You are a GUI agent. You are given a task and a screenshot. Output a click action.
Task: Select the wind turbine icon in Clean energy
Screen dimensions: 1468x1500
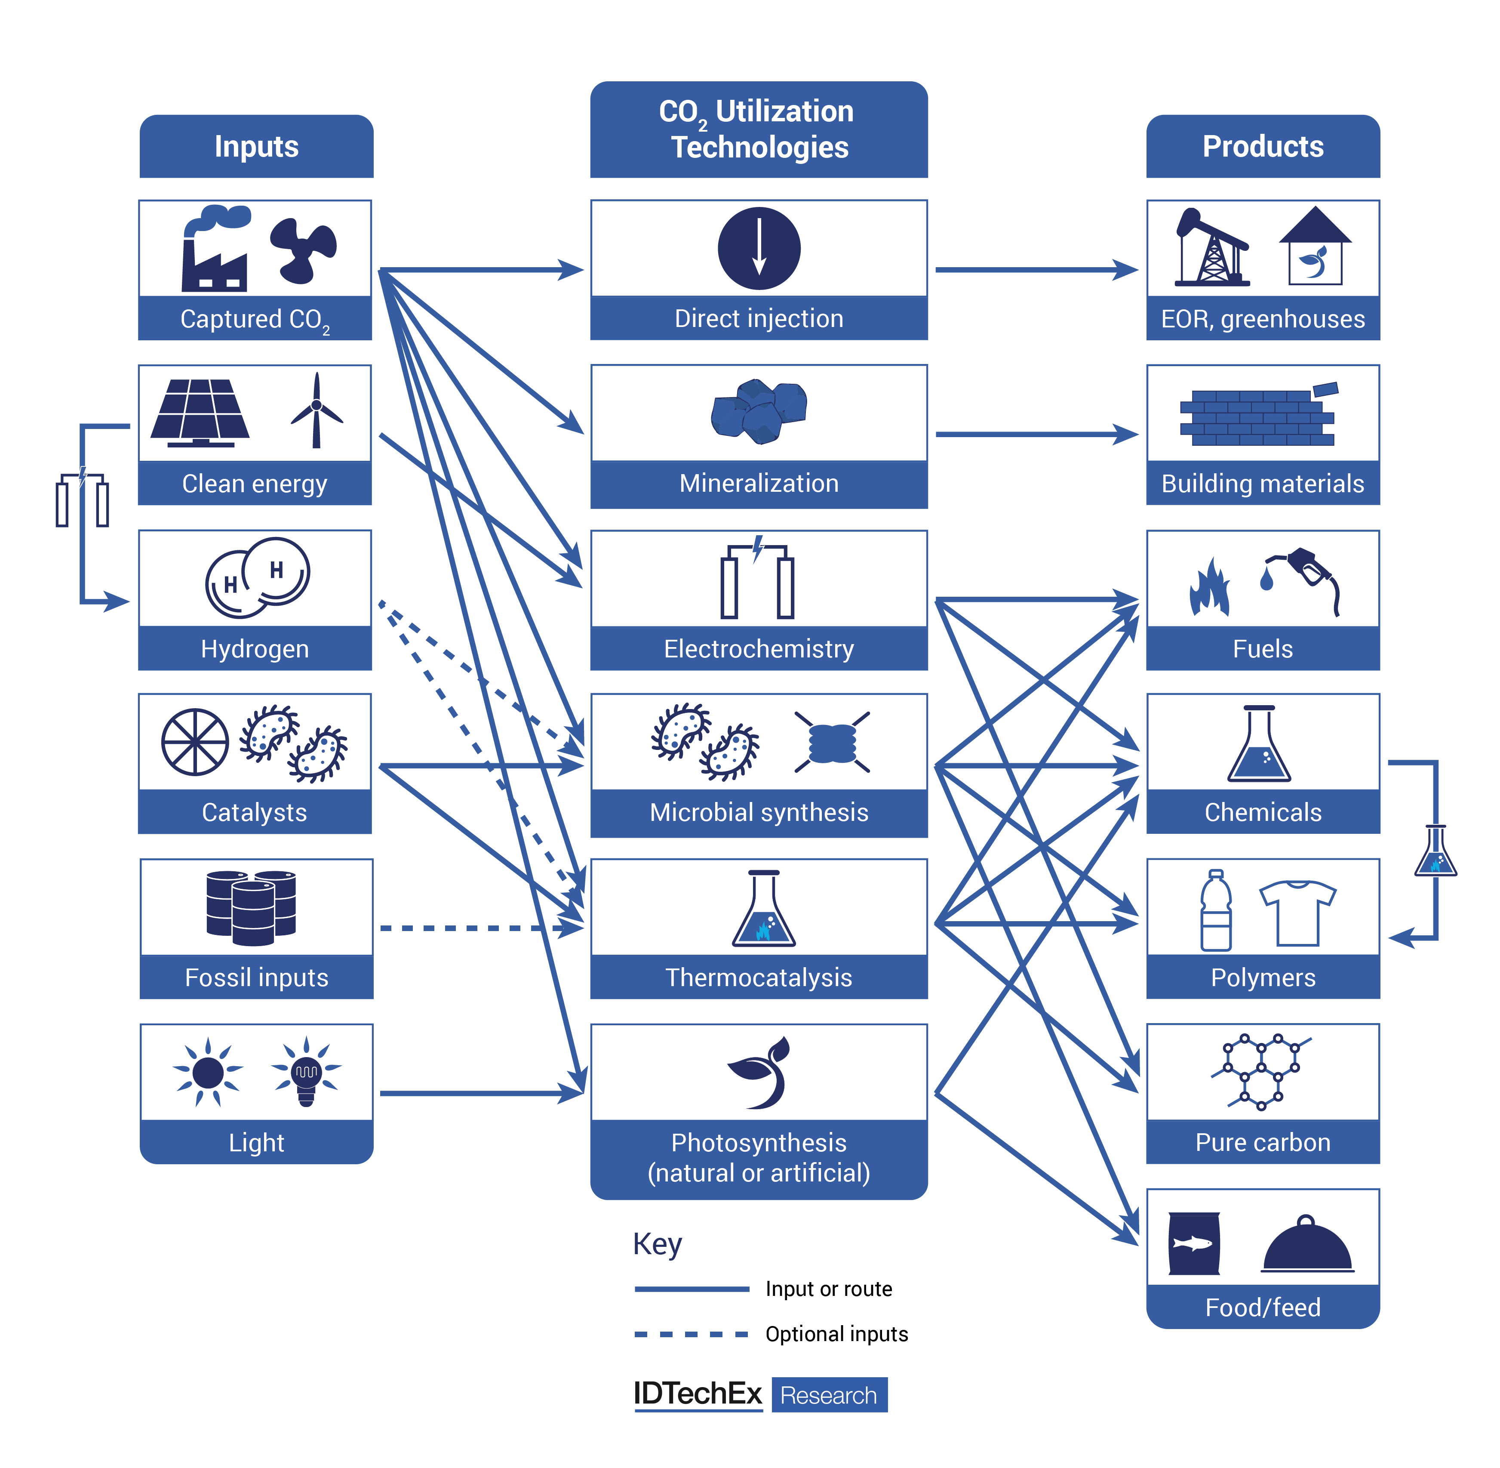click(316, 411)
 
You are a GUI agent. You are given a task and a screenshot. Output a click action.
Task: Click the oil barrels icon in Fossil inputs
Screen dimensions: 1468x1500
click(251, 907)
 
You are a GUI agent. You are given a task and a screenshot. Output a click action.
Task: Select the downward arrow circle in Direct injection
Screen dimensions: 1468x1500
click(759, 248)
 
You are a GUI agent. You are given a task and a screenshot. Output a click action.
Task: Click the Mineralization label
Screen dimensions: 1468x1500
click(759, 484)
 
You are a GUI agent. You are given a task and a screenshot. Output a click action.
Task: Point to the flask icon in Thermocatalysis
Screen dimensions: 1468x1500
click(763, 910)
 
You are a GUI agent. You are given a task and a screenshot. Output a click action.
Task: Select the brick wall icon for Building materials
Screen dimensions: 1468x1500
click(1257, 416)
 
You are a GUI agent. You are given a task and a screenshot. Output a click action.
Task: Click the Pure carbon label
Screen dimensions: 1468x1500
click(1263, 1142)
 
